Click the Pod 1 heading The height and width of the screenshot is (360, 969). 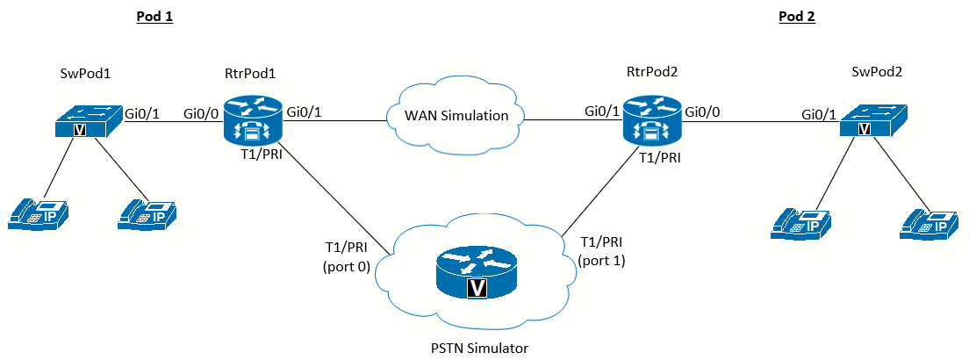click(x=154, y=17)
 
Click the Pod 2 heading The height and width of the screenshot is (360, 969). click(x=797, y=17)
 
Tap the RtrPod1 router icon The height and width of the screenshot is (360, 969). click(x=254, y=120)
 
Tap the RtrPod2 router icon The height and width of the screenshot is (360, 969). click(x=651, y=120)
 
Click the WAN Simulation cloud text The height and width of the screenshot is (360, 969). click(x=456, y=115)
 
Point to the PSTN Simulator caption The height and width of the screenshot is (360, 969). click(x=479, y=349)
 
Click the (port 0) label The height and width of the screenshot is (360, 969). click(x=346, y=267)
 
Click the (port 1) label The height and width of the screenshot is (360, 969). click(x=601, y=261)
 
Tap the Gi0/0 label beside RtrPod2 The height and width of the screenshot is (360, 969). click(x=702, y=113)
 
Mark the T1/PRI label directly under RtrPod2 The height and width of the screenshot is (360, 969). click(x=660, y=157)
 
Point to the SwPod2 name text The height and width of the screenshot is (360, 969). click(x=876, y=73)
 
